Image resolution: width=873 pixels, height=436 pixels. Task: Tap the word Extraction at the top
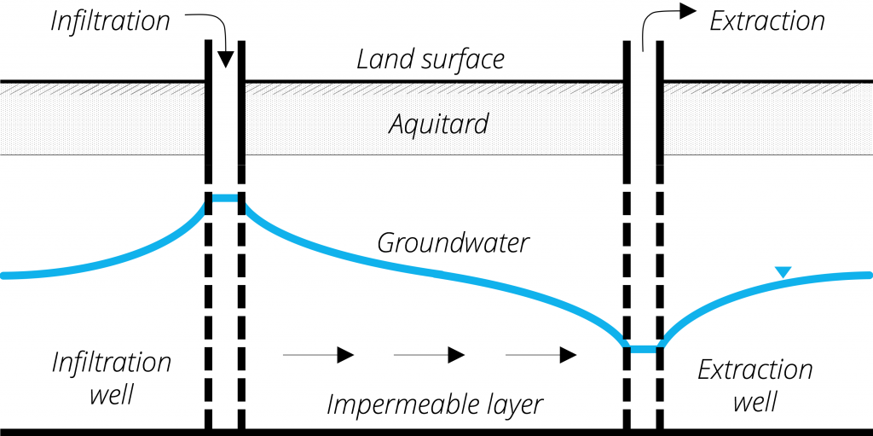click(x=766, y=21)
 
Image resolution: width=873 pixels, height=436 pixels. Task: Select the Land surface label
click(x=430, y=60)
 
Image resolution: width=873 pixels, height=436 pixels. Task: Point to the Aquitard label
click(x=438, y=125)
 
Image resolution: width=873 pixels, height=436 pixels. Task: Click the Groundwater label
click(x=453, y=243)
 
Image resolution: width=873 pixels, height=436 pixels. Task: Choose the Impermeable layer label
click(x=434, y=404)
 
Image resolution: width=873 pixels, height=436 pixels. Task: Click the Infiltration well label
click(x=112, y=378)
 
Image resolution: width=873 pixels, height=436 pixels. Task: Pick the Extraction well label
click(x=754, y=385)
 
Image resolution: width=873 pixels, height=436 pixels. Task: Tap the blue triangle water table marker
click(x=783, y=272)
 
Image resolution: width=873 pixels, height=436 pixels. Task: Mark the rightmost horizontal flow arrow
click(x=541, y=355)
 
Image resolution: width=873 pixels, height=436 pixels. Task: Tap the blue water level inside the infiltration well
click(x=225, y=198)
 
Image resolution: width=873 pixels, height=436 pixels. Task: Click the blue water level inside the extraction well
click(x=643, y=349)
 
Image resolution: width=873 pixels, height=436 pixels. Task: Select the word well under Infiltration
click(x=112, y=395)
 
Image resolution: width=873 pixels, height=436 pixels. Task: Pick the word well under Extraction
click(x=754, y=401)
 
